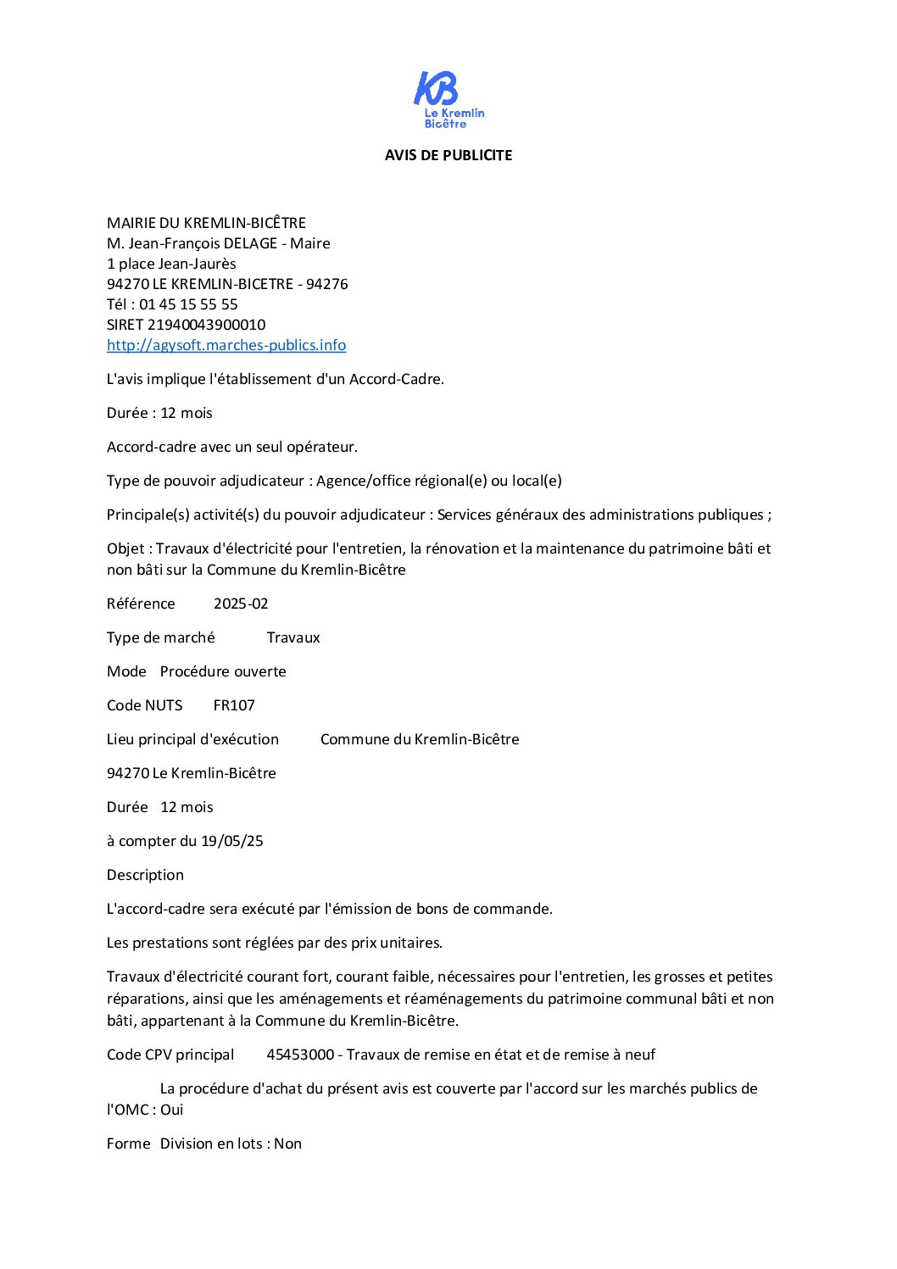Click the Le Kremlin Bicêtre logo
click(448, 99)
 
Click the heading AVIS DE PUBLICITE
click(448, 155)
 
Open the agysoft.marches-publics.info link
click(226, 345)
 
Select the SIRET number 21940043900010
click(206, 325)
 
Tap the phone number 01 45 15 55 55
click(188, 304)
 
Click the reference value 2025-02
click(241, 604)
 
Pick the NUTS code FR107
click(234, 705)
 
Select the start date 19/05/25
click(232, 841)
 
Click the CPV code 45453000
click(300, 1055)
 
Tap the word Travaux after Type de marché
click(293, 637)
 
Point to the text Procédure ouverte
click(223, 671)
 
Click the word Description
click(145, 875)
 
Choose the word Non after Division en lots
click(288, 1144)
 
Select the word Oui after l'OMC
click(172, 1110)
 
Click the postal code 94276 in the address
click(327, 284)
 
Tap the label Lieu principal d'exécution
click(192, 739)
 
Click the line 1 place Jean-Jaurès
click(171, 264)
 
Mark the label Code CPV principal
click(170, 1055)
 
